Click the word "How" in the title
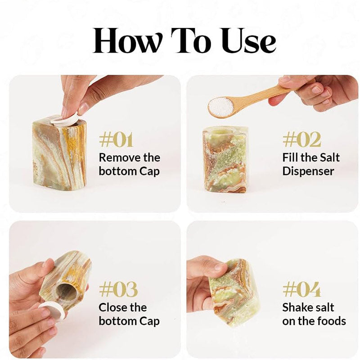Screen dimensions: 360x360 click(126, 40)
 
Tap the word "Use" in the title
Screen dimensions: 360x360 click(249, 40)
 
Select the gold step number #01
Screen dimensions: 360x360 click(116, 140)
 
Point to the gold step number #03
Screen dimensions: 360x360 click(118, 289)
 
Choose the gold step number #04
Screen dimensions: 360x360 click(301, 289)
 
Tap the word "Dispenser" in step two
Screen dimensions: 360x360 click(308, 171)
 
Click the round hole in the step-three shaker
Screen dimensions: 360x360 click(66, 292)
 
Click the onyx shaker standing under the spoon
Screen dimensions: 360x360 click(225, 159)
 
